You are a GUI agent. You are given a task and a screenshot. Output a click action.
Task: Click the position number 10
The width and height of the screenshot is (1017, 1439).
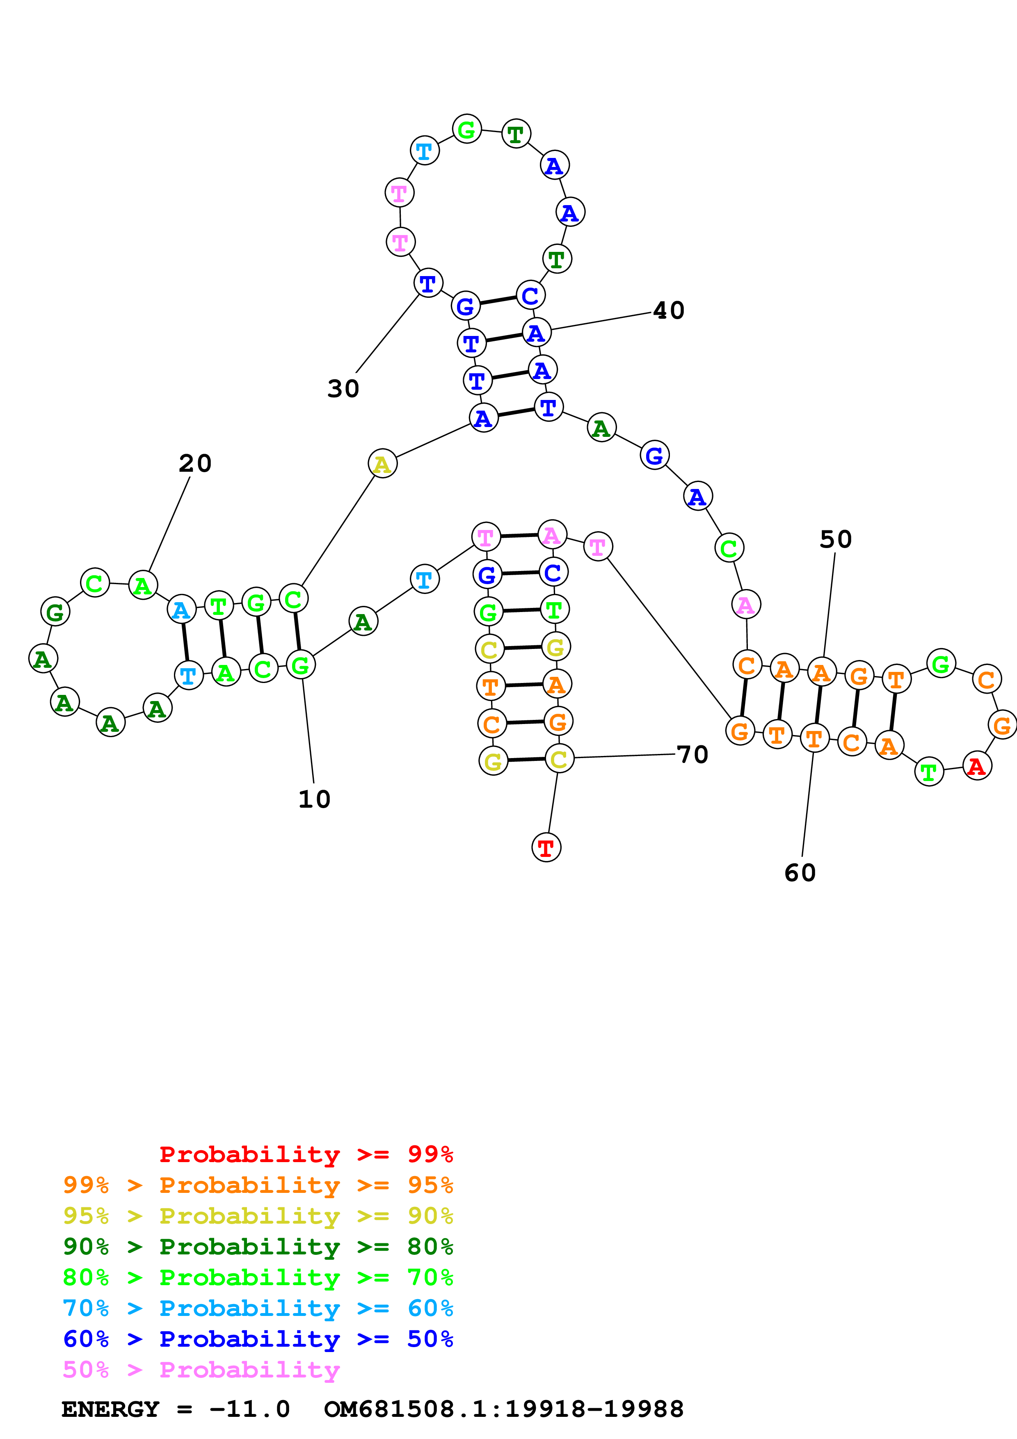(x=314, y=799)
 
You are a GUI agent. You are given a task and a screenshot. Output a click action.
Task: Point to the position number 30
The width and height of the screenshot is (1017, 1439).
(x=343, y=388)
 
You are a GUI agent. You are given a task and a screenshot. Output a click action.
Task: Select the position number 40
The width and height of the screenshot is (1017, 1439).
(x=669, y=310)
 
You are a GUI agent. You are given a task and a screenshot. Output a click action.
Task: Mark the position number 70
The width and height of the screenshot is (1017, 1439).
(x=692, y=755)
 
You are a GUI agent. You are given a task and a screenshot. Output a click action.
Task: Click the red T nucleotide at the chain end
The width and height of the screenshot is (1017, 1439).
(x=546, y=847)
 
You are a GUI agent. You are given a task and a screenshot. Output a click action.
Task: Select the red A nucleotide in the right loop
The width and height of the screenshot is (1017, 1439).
(x=976, y=766)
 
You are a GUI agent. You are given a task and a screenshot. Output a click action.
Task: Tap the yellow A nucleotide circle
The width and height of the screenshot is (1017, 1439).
(x=382, y=464)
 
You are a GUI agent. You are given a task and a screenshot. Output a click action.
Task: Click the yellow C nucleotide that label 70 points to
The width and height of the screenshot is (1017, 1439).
(x=559, y=759)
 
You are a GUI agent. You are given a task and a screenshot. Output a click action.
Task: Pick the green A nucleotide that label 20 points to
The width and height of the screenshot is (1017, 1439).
(x=143, y=585)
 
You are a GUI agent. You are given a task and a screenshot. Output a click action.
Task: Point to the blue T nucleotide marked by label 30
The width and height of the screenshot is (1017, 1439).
(x=428, y=283)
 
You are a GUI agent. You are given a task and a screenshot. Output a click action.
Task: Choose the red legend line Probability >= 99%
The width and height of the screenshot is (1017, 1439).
(x=306, y=1154)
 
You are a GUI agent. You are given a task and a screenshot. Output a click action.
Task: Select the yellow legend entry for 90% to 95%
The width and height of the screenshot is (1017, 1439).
(x=258, y=1215)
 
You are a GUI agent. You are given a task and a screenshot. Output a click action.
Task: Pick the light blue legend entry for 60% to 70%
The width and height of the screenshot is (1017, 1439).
(x=258, y=1308)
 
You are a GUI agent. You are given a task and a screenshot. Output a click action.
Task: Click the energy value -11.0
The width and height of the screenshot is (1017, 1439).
(x=249, y=1409)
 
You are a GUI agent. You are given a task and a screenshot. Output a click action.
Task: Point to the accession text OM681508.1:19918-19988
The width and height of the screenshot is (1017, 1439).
(x=503, y=1409)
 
